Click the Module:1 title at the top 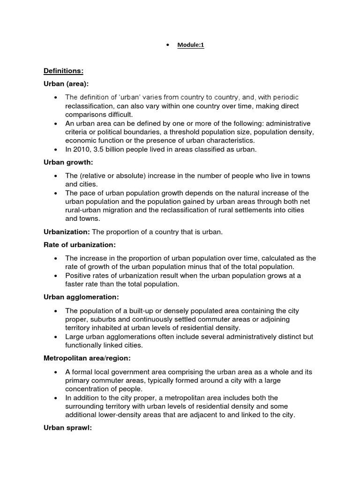click(191, 45)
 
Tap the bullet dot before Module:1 click(167, 45)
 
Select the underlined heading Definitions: click(63, 71)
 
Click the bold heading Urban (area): click(66, 83)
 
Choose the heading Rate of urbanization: click(79, 245)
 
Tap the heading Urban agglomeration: click(81, 297)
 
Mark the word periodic click(283, 97)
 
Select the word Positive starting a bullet click(78, 275)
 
